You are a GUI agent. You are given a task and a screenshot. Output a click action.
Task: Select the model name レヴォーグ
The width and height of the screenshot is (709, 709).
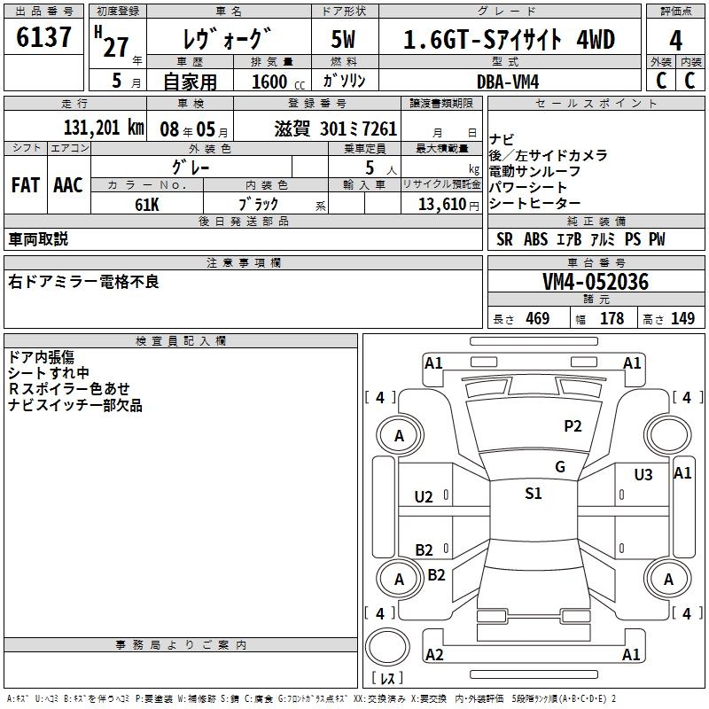(x=226, y=40)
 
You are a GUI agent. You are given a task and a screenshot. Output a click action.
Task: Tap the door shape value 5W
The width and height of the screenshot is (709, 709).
(x=344, y=40)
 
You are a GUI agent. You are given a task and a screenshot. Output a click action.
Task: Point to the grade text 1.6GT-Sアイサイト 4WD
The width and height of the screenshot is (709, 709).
(x=509, y=40)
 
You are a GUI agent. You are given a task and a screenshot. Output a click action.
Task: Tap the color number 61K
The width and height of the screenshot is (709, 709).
(x=147, y=203)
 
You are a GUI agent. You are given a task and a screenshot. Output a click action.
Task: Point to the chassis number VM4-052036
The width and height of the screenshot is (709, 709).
(x=596, y=282)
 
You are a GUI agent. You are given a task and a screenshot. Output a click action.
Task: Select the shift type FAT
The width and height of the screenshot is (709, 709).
(x=25, y=185)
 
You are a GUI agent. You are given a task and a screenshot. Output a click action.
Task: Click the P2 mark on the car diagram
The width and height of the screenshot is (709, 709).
(x=573, y=426)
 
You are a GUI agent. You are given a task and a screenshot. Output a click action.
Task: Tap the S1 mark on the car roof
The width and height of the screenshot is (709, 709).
(x=533, y=494)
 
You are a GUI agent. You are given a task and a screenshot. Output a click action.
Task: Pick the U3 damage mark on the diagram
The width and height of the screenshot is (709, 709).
(x=643, y=475)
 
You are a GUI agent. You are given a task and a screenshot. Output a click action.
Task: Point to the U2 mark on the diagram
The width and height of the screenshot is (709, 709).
(x=424, y=496)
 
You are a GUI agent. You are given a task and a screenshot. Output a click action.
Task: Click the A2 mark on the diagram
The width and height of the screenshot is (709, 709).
(x=434, y=655)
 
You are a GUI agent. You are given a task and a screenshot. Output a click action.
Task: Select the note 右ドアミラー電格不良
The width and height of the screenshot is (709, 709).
(x=83, y=282)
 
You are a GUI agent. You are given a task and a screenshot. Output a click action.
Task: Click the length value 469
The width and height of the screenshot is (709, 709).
(x=537, y=319)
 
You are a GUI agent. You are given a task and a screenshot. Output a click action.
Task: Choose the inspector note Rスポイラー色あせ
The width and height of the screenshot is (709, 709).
(x=69, y=388)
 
